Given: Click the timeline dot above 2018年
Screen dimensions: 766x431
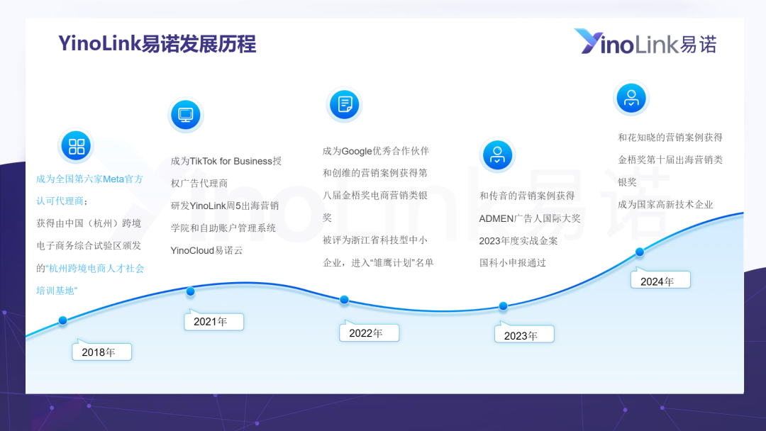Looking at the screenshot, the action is click(62, 320).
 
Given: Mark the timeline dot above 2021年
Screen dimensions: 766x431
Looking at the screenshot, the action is click(191, 291).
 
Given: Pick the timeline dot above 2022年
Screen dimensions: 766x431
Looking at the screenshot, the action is click(345, 300).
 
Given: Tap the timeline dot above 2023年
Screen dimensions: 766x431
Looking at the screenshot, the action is click(503, 306).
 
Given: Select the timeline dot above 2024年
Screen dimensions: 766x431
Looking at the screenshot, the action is click(640, 252).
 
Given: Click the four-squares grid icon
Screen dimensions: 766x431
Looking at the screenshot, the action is click(76, 146).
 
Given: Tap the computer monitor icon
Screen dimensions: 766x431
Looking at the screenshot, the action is click(186, 116).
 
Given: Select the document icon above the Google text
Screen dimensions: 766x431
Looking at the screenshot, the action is click(345, 104).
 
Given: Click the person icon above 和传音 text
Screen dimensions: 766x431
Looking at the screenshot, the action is click(497, 155).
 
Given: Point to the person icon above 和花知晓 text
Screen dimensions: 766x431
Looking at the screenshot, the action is click(631, 98).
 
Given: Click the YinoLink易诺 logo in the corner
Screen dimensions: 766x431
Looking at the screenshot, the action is click(645, 42).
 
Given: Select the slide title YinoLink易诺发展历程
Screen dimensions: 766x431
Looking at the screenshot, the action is click(157, 43).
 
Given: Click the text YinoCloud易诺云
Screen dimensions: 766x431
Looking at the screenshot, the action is click(206, 250).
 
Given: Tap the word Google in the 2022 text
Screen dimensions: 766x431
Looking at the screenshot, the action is click(357, 151).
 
